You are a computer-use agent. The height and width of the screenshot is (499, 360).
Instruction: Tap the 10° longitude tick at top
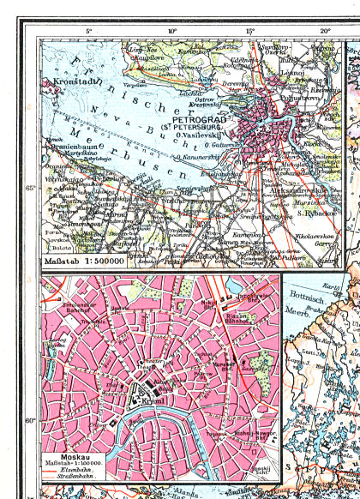172,32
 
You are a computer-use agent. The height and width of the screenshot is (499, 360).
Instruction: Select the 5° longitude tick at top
88,32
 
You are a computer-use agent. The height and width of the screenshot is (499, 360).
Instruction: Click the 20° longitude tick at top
326,32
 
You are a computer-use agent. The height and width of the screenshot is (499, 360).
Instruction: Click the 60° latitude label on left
31,420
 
